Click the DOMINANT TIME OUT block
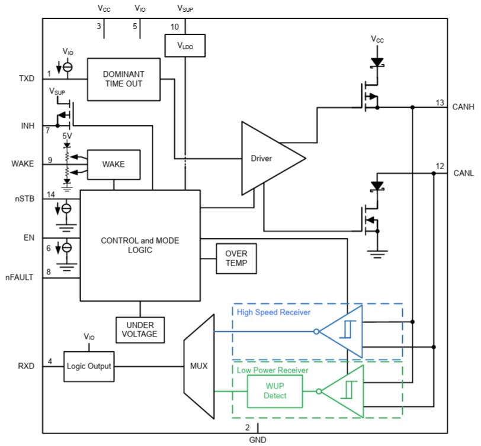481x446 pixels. pyautogui.click(x=123, y=79)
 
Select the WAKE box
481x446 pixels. pyautogui.click(x=114, y=164)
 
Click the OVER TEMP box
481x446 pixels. pyautogui.click(x=236, y=258)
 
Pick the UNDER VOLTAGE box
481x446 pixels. pyautogui.click(x=140, y=329)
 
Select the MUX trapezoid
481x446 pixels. pyautogui.click(x=198, y=366)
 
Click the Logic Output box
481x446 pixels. pyautogui.click(x=89, y=366)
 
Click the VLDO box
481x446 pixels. pyautogui.click(x=185, y=45)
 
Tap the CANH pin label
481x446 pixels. pyautogui.click(x=464, y=107)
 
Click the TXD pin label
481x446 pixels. pyautogui.click(x=27, y=78)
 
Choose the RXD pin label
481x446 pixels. pyautogui.click(x=27, y=366)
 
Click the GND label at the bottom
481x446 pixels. pyautogui.click(x=258, y=439)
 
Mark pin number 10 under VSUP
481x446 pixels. pyautogui.click(x=174, y=27)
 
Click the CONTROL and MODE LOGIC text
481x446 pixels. pyautogui.click(x=140, y=245)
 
